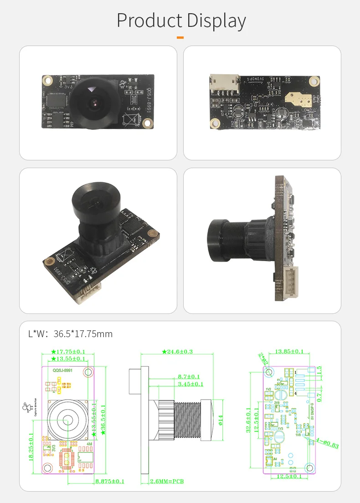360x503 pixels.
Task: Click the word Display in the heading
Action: pos(214,21)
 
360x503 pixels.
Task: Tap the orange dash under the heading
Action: pos(180,37)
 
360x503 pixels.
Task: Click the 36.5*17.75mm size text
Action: pos(82,334)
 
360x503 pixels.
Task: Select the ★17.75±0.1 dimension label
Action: pos(68,351)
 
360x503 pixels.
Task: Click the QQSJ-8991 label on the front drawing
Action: pos(63,370)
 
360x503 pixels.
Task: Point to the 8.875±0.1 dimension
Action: pos(109,481)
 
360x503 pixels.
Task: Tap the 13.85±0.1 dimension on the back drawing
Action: pos(289,351)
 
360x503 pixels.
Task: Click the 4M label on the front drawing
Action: pos(89,444)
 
